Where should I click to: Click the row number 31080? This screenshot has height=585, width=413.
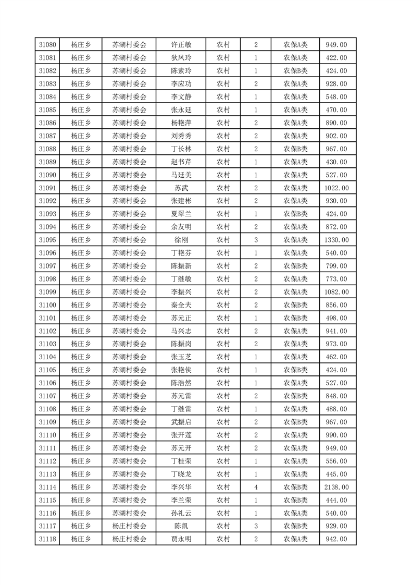click(47, 45)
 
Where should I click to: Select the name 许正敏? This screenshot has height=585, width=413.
click(181, 45)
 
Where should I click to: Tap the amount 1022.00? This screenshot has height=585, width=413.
click(336, 188)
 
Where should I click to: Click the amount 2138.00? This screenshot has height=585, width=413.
click(336, 487)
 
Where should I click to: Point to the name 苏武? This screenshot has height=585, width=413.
click(181, 188)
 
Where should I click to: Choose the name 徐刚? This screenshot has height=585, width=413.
click(181, 240)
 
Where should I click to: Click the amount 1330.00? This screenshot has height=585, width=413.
click(336, 240)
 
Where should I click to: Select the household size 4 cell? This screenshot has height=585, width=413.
click(256, 487)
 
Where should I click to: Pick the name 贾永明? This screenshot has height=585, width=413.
click(181, 539)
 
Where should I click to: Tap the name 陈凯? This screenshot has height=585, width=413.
click(181, 526)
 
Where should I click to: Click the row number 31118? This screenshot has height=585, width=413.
click(47, 539)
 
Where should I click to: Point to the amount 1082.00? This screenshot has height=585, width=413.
click(336, 292)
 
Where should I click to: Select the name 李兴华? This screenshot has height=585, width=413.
click(181, 487)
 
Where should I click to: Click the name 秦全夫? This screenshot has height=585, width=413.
click(181, 305)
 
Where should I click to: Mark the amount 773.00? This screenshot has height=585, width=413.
click(336, 279)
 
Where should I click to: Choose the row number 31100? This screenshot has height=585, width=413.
click(47, 305)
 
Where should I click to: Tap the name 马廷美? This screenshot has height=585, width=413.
click(181, 175)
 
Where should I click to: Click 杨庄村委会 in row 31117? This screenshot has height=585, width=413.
click(129, 526)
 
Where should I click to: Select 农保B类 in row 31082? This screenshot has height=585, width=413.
click(295, 71)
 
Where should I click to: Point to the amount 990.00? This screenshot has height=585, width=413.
click(336, 435)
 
